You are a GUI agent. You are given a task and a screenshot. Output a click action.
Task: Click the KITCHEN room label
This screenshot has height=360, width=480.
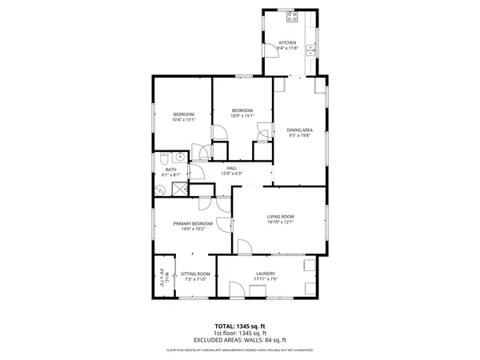click(287, 42)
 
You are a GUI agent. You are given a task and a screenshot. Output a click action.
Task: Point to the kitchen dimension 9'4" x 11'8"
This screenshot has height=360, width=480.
click(287, 48)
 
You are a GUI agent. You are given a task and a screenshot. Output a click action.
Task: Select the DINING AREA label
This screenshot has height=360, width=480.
click(299, 130)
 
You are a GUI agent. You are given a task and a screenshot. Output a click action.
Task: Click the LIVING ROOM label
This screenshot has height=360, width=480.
click(281, 216)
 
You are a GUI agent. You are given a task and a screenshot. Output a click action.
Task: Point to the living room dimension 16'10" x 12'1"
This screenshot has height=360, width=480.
click(281, 222)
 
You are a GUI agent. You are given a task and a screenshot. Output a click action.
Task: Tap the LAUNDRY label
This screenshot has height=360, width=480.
click(266, 274)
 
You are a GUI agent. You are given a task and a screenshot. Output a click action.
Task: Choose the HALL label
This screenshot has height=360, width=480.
click(231, 168)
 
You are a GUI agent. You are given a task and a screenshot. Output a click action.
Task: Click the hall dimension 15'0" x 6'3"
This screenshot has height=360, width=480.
click(231, 174)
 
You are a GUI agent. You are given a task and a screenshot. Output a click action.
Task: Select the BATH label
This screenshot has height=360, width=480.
click(170, 169)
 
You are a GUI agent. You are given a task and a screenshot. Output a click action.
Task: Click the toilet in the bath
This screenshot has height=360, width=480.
click(162, 158)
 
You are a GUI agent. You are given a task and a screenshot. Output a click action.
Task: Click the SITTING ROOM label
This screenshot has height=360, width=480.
click(195, 274)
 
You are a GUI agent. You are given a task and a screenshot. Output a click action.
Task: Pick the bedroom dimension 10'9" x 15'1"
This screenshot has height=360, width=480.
click(242, 116)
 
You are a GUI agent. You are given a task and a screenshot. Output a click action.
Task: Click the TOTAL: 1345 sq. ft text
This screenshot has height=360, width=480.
click(240, 326)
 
